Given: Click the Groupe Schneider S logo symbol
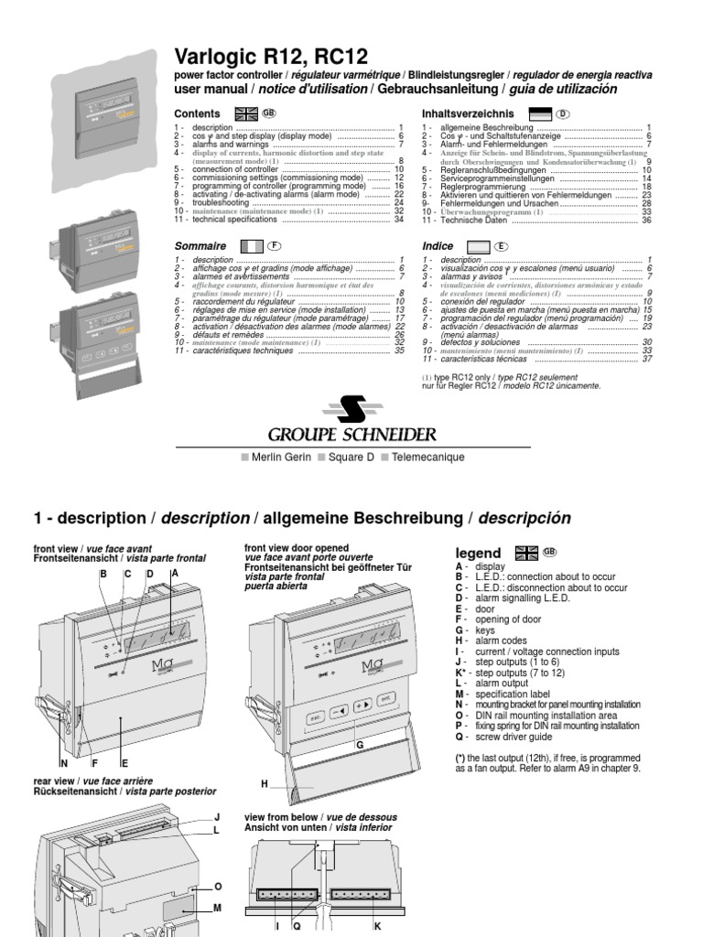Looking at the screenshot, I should pos(351,408).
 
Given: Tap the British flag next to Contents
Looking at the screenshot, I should pos(246,113).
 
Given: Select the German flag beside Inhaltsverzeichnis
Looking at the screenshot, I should pos(541,113).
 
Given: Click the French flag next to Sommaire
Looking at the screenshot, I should pos(252,247).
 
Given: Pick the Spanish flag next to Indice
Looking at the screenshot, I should pos(478,247).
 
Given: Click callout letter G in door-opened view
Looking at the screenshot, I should pos(360,745).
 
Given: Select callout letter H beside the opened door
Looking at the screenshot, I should pos(265,784).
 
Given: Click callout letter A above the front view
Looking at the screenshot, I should pos(174,573).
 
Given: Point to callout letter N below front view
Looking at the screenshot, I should pos(64,762).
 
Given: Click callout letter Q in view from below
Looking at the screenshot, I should pos(297,925).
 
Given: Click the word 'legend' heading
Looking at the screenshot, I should pos(478,553).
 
